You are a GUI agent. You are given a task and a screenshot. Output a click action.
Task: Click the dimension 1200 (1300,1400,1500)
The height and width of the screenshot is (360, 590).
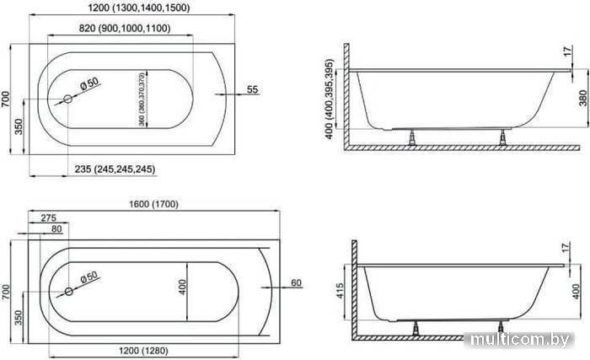[138, 8]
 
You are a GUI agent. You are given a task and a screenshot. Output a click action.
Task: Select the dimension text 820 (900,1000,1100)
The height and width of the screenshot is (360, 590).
[125, 28]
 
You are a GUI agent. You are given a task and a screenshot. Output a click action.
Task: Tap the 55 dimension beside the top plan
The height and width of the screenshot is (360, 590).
[253, 89]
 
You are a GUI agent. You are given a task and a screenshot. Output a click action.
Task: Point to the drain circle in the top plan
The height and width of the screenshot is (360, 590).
[67, 99]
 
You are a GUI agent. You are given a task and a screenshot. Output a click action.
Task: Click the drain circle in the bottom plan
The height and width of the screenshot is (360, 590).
[69, 292]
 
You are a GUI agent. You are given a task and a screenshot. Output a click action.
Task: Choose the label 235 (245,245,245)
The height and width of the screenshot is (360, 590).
[115, 169]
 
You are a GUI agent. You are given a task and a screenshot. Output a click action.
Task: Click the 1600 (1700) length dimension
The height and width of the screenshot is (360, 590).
[153, 204]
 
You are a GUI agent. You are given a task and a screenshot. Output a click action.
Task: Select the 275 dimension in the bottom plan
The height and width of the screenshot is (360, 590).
[49, 218]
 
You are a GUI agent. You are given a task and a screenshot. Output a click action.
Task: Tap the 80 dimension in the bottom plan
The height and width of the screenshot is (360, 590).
[56, 229]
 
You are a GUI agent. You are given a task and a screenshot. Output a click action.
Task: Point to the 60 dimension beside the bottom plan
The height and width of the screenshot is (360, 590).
[297, 282]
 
